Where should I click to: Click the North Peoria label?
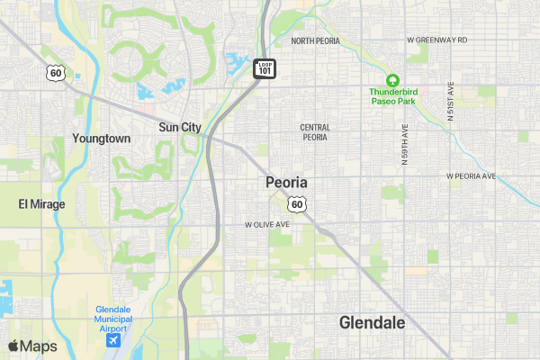point(315,41)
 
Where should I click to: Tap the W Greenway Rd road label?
point(437,40)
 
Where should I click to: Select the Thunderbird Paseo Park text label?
point(392,96)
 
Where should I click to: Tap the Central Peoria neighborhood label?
point(315,132)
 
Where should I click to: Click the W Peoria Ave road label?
point(471,176)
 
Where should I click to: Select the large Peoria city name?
point(287,183)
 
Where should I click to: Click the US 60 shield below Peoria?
point(297,204)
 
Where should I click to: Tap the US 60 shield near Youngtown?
point(56,72)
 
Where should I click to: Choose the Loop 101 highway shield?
point(265,68)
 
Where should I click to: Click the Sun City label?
point(180,128)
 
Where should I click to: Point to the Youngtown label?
point(102,139)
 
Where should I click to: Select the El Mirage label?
point(41,204)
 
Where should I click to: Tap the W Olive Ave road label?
point(267,224)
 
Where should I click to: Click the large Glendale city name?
point(372,323)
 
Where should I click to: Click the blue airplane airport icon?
point(114,340)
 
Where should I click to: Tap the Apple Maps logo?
point(32,346)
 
